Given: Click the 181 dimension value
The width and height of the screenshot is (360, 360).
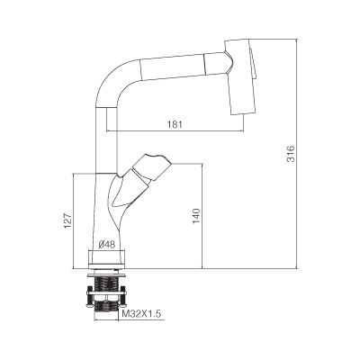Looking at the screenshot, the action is click(175, 124).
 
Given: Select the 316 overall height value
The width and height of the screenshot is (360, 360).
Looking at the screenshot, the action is click(291, 154).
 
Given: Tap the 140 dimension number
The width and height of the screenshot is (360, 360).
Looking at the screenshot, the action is click(196, 215).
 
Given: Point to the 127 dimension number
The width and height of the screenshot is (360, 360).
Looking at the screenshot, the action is click(68, 220).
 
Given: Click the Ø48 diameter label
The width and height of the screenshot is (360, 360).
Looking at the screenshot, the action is click(107, 245).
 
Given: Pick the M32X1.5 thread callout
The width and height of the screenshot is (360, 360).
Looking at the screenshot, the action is click(142, 314).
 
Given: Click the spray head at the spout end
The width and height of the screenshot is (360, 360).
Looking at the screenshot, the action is click(241, 76).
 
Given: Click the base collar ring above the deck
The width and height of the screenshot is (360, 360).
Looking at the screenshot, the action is click(107, 257).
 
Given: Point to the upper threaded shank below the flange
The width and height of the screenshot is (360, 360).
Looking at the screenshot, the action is click(106, 283).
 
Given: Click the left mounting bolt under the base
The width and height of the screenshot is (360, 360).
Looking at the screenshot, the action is click(89, 297).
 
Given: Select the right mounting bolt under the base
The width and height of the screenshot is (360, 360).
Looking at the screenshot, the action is click(123, 297).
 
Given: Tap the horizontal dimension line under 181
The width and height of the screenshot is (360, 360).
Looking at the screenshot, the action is click(175, 131).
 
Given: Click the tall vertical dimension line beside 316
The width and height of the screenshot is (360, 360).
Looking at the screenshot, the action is click(297, 153).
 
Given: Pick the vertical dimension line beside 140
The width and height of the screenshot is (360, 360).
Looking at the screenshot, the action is click(202, 216).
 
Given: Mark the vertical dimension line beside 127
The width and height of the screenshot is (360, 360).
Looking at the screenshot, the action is click(74, 220).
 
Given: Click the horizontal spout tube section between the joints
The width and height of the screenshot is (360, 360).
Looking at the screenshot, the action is click(173, 67).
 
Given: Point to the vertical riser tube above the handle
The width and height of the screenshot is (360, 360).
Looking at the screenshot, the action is click(106, 139).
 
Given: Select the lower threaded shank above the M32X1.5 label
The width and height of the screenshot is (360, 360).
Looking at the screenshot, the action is click(106, 307).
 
